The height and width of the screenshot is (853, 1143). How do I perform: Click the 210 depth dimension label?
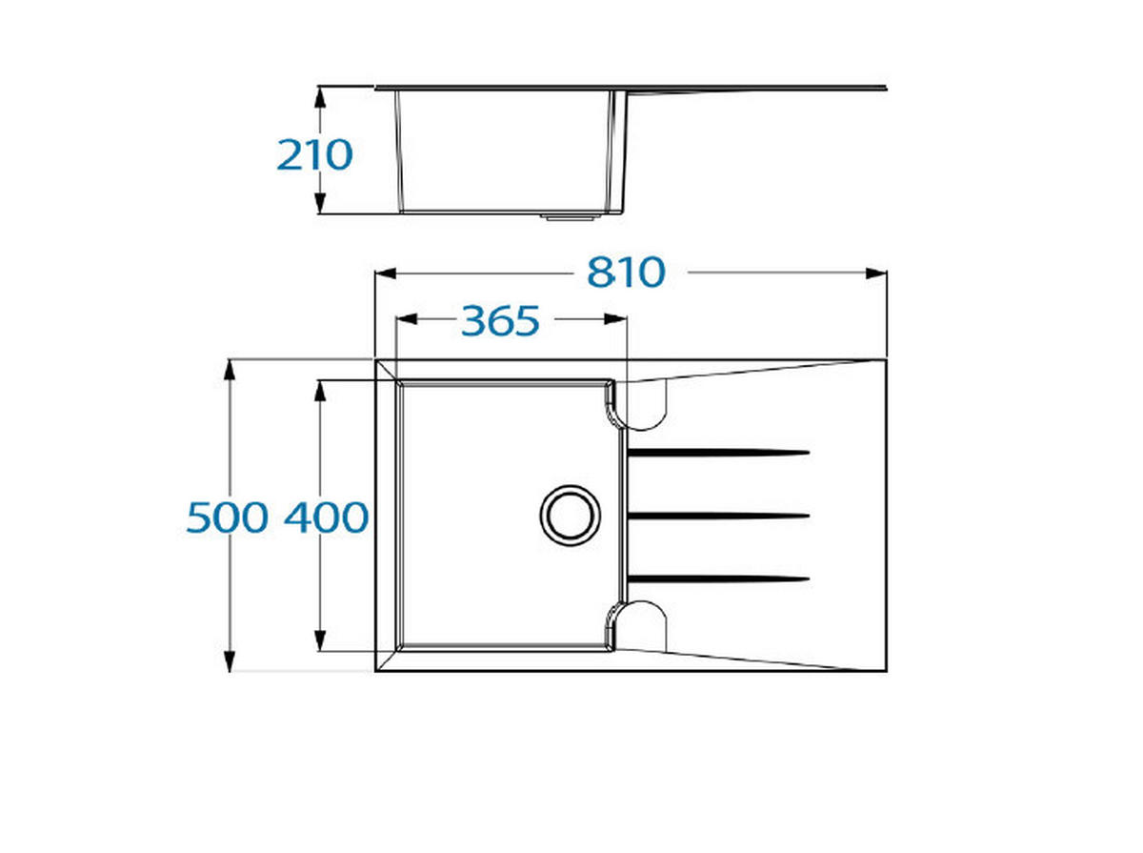coord(314,154)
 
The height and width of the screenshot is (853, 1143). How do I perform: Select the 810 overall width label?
coord(626,272)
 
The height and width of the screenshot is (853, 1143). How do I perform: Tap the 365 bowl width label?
coord(500,320)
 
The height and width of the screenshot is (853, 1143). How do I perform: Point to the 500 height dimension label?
coord(227,517)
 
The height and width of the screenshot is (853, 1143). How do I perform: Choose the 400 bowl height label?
coord(327,517)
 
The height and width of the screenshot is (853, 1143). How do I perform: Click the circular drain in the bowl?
coord(571,516)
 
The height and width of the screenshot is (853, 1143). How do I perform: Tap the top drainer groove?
coord(718,452)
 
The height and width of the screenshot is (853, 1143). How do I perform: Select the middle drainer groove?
coord(718,516)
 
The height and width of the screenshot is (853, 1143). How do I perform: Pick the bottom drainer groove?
coord(718,579)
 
